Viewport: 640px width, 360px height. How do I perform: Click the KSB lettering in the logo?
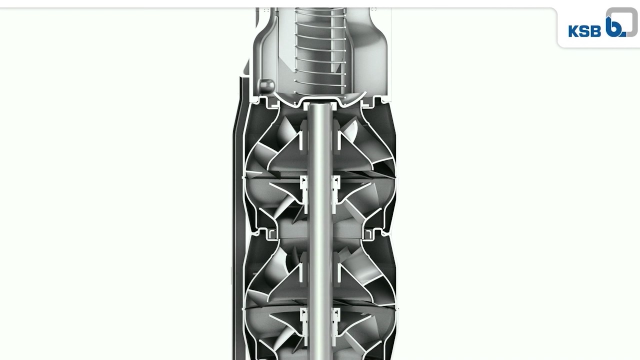pos(584,31)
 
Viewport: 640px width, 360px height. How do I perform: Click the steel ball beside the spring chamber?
pos(266,85)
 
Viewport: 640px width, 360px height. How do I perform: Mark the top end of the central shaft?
pos(320,104)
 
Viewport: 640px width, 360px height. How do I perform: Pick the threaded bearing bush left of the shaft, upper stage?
pos(304,189)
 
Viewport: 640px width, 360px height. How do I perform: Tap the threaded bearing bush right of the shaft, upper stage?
pos(336,189)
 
